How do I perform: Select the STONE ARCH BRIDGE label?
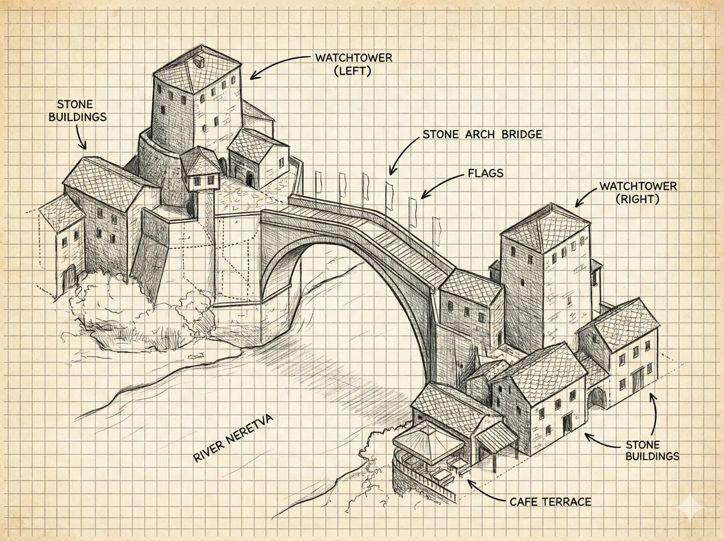coord(482,135)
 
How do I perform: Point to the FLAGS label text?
coord(485,173)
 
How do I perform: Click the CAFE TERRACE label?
coord(550,502)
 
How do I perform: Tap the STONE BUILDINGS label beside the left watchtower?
coord(82,111)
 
